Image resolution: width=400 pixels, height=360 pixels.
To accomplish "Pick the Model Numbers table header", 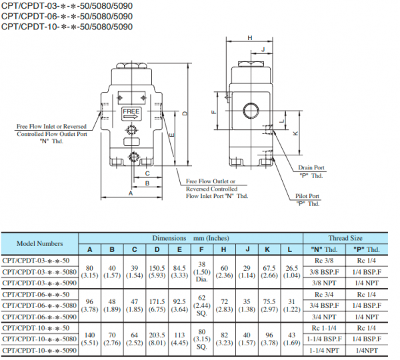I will point(40,244).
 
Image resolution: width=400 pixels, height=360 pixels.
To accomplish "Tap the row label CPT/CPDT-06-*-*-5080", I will point(42,305).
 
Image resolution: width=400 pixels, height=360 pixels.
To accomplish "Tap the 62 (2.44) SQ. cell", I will point(202,305).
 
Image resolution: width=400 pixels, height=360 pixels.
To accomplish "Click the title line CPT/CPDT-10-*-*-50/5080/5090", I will point(67,27).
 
